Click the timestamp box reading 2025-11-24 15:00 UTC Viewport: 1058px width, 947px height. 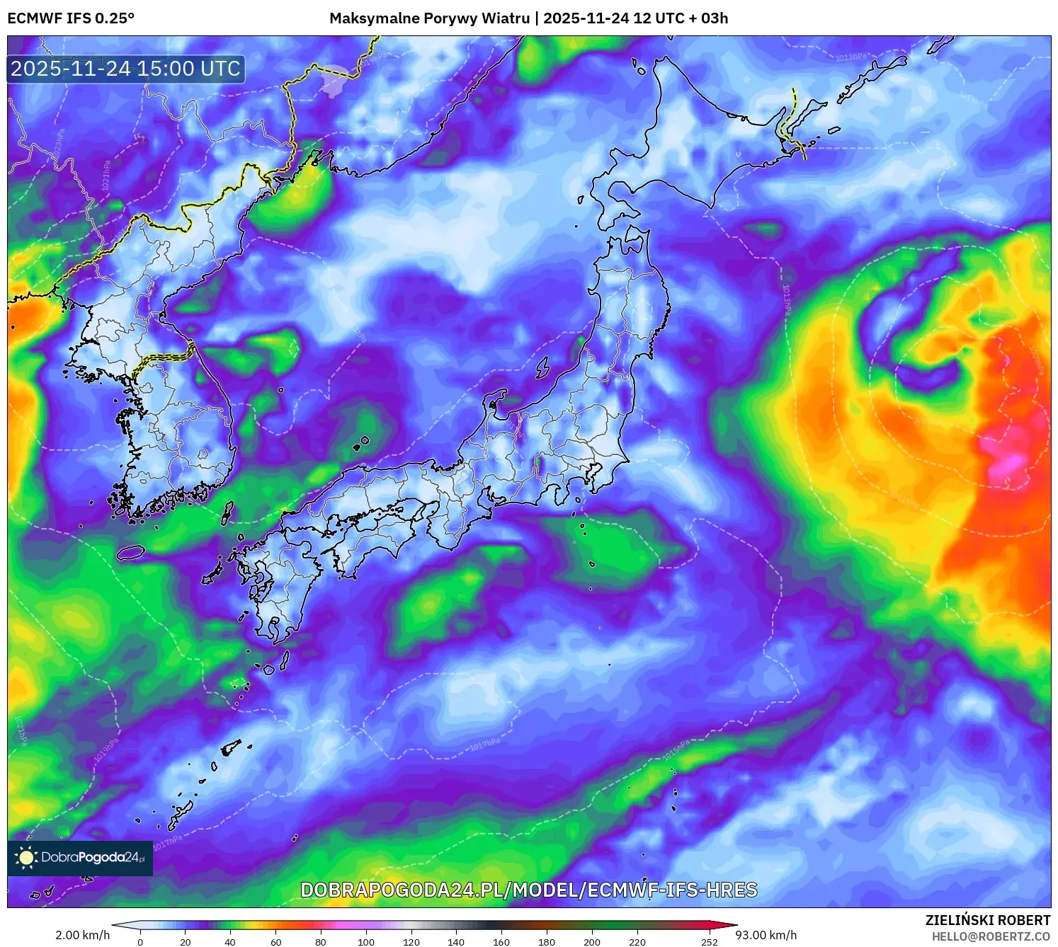pos(126,69)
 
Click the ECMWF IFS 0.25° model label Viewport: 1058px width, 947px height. pos(71,18)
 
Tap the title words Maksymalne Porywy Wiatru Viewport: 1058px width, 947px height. pos(429,18)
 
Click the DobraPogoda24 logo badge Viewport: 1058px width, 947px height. pos(80,858)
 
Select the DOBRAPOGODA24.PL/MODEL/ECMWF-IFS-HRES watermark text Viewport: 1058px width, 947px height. pos(529,890)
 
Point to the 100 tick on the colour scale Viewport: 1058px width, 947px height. pos(366,941)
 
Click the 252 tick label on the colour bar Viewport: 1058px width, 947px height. pos(710,941)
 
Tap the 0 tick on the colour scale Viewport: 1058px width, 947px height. pos(140,941)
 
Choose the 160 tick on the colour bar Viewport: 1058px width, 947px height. pos(501,941)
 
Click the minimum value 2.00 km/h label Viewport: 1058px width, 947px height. pos(83,935)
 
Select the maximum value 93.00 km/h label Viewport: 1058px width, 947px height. pos(766,935)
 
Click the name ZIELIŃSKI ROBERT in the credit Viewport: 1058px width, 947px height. pos(988,920)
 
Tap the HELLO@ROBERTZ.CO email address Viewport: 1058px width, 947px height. pos(991,936)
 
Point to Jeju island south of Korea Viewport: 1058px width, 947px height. pos(131,552)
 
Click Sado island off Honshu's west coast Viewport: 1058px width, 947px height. pos(542,367)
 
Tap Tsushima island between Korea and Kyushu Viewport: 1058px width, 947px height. pos(227,512)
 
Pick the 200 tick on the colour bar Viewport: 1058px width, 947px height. pos(592,941)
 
